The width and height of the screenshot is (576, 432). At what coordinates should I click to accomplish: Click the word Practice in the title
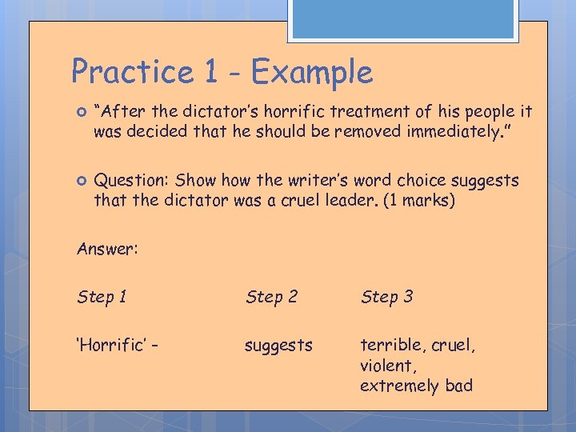click(132, 73)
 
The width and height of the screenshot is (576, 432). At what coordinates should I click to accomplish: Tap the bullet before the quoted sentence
click(80, 111)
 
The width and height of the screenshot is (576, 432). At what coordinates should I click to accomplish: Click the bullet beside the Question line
click(80, 181)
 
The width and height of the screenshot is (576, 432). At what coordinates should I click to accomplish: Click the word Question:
click(131, 181)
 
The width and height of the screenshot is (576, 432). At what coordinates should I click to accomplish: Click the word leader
click(337, 200)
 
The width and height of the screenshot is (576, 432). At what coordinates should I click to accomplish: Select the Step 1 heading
click(102, 297)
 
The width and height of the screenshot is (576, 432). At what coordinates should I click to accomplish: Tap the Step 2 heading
click(272, 297)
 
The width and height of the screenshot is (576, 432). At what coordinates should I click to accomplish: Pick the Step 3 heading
click(386, 297)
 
